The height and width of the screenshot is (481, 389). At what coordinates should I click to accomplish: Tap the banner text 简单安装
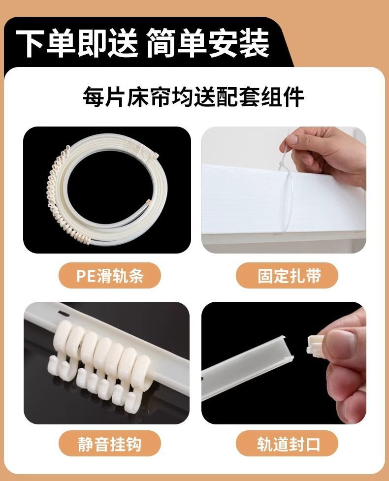208,43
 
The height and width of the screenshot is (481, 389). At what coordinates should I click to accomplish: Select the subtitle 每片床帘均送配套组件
194,97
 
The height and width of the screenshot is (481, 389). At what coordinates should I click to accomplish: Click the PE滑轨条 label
109,276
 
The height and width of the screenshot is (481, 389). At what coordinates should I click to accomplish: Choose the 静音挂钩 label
109,444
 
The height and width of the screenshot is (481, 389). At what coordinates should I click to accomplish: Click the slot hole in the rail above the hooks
63,312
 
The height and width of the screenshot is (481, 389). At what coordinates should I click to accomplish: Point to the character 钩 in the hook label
133,444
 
